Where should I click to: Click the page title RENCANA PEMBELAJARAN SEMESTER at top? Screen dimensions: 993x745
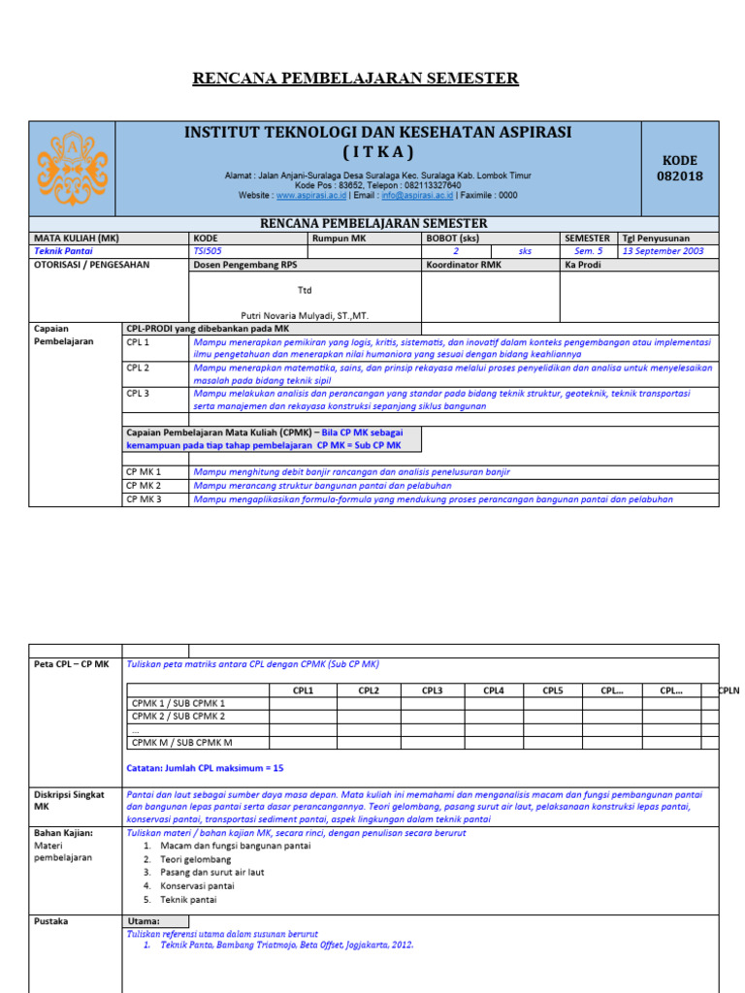pos(356,79)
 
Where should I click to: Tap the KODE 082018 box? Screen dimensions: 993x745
pos(680,168)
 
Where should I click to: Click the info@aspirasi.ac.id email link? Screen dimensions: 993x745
pos(417,195)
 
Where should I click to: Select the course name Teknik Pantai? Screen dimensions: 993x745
pos(64,251)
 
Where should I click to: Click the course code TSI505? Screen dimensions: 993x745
pos(208,251)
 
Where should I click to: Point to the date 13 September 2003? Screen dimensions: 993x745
pos(664,251)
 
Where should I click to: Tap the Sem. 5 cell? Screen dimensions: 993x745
pos(589,251)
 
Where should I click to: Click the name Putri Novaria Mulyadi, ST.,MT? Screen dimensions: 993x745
pos(305,315)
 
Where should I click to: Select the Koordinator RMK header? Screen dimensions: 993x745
pos(464,265)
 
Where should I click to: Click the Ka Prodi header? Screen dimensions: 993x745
pos(582,265)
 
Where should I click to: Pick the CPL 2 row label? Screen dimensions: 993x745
pos(138,368)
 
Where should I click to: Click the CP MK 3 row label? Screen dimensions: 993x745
pos(145,499)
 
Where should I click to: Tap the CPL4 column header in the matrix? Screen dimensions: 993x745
pos(493,690)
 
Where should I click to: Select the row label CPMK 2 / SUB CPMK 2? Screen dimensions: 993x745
pos(178,717)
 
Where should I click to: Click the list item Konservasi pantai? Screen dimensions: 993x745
pos(197,885)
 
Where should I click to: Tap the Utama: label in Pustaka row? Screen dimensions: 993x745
pos(145,921)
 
